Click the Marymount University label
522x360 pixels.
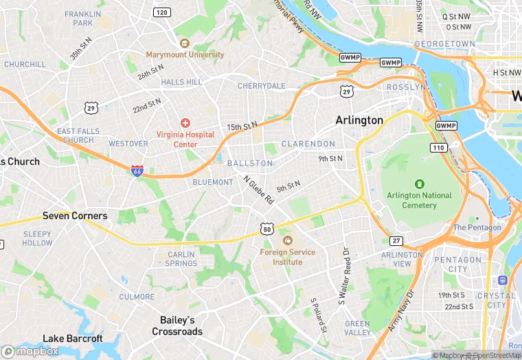tap(185, 54)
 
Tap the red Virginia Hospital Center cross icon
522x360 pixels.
tap(185, 122)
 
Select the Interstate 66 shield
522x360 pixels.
tap(137, 171)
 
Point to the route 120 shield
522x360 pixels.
tap(162, 12)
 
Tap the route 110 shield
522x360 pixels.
tap(438, 148)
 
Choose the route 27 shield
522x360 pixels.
tap(396, 240)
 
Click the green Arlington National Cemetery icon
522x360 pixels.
tap(420, 184)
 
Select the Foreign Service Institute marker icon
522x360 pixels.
tap(287, 240)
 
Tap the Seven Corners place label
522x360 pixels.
tap(75, 216)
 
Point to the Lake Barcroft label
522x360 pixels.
tap(73, 338)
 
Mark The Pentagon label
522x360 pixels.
tap(477, 227)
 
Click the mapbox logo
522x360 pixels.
tap(30, 351)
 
